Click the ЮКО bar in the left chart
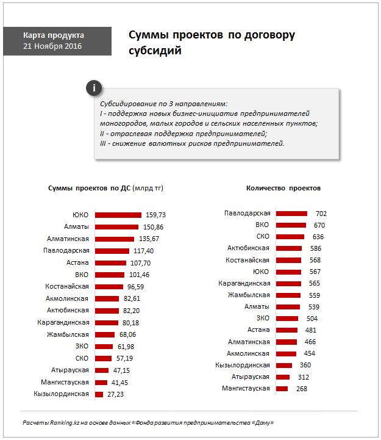118,215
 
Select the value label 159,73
156,215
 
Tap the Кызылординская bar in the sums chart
100,394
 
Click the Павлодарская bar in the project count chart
291,214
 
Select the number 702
321,214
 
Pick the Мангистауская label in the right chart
246,388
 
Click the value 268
301,388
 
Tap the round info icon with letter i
93,88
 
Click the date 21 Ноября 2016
52,46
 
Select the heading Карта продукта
54,35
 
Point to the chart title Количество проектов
283,188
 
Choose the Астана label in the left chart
77,262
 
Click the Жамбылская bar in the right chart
288,295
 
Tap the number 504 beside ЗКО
312,318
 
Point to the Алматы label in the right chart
257,306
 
